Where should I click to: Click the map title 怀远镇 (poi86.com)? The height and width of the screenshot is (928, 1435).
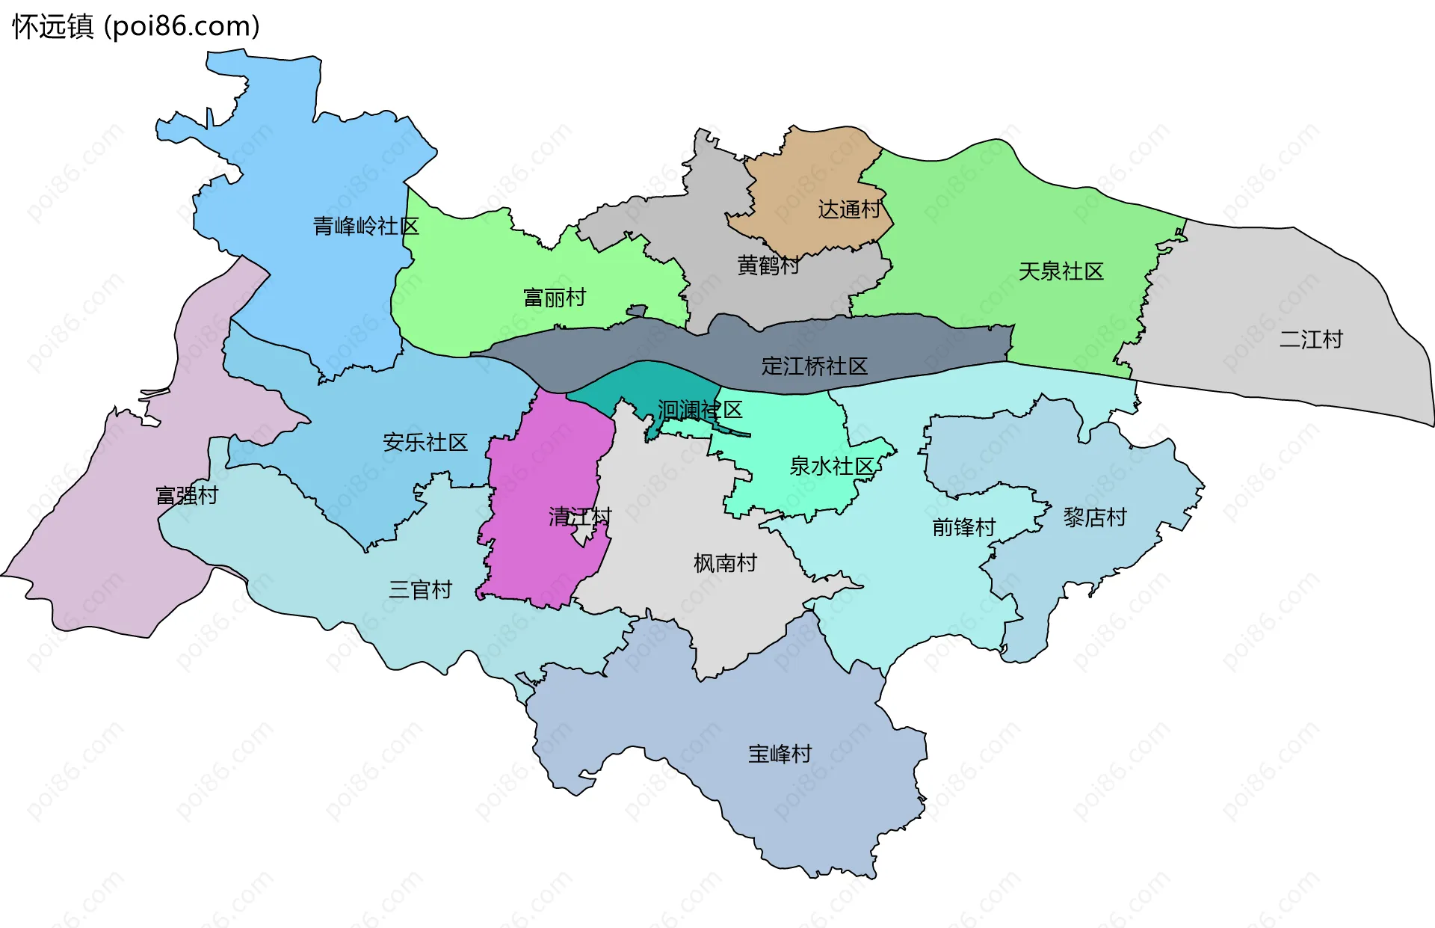point(136,26)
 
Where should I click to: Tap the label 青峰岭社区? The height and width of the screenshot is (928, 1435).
point(365,226)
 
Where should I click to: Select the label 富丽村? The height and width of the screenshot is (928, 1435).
point(555,298)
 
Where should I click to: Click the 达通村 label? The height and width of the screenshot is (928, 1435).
point(850,209)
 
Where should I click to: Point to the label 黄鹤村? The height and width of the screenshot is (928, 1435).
point(768,265)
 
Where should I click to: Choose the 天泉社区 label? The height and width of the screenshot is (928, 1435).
point(1061,271)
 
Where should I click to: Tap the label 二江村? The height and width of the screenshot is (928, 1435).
point(1311,339)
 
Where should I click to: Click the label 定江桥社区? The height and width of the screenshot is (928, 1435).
point(814,366)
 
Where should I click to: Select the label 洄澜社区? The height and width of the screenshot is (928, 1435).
point(700,409)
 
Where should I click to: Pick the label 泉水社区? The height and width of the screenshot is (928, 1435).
point(831,466)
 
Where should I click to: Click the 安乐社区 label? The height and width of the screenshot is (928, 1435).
point(425,442)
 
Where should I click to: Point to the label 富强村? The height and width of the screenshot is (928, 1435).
point(186,495)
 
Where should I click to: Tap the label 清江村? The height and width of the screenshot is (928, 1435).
point(580,516)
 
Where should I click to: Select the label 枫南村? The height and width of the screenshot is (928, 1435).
point(725,562)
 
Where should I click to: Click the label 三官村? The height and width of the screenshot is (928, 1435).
point(420,589)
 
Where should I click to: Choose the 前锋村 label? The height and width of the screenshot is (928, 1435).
point(963,527)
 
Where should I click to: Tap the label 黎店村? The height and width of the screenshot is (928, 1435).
point(1094,517)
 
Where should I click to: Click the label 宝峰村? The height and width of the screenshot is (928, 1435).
point(780,753)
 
